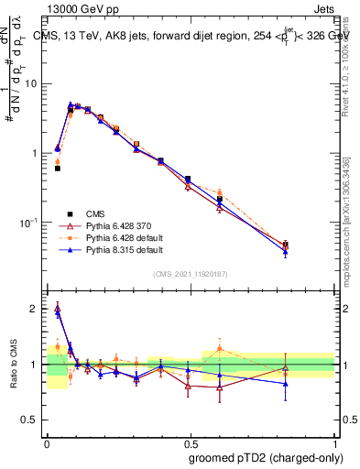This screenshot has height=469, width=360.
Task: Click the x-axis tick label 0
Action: coord(47,442)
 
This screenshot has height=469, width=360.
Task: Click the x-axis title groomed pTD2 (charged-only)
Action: coord(267,457)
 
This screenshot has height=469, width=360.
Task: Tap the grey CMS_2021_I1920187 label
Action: coord(190,272)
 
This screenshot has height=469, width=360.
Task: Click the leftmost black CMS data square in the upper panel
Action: coord(58,169)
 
